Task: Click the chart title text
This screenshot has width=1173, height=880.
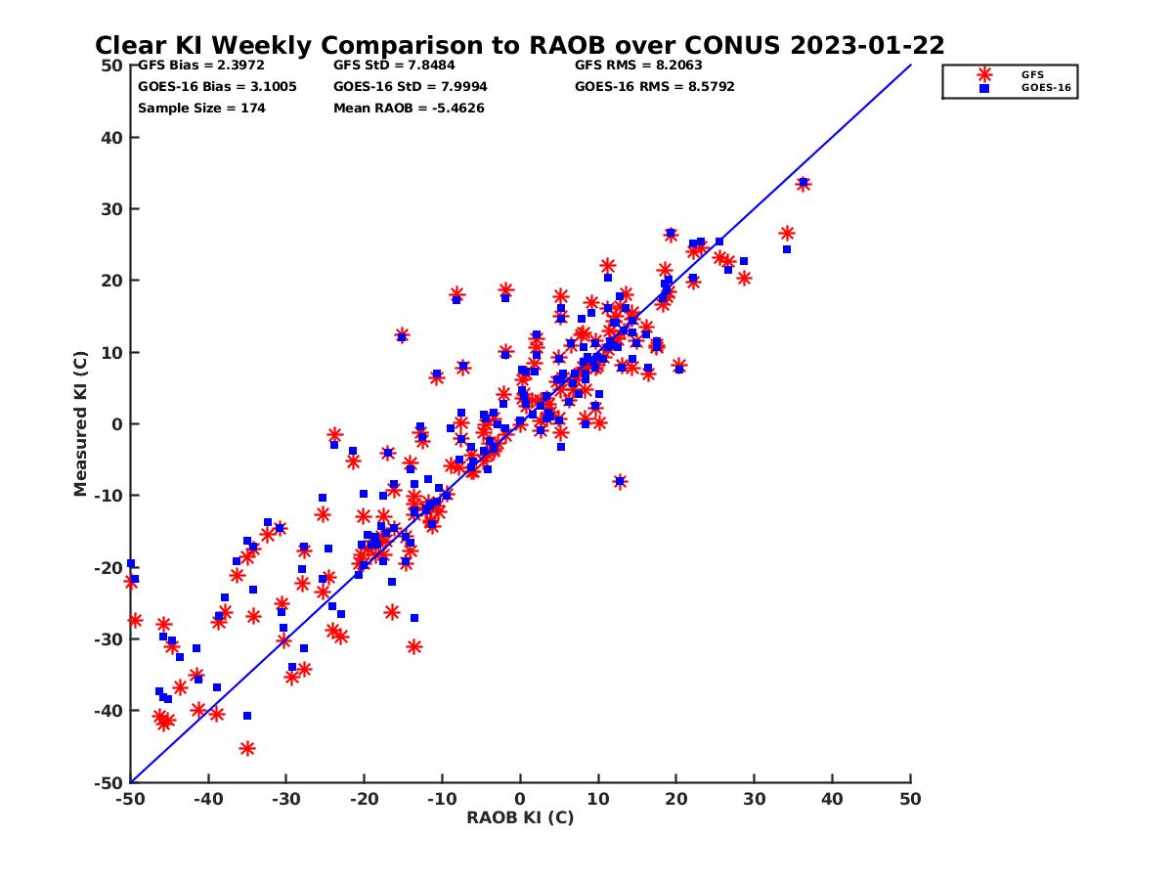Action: point(519,45)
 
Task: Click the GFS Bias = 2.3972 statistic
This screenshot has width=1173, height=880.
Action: point(201,66)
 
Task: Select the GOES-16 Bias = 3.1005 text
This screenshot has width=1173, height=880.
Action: point(217,87)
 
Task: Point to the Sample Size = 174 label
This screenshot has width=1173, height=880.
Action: point(201,109)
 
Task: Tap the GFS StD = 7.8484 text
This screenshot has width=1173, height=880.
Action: point(395,66)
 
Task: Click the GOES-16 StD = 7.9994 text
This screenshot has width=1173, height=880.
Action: point(411,87)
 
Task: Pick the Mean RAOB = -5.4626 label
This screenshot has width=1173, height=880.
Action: point(409,109)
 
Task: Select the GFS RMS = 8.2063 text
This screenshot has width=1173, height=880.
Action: point(638,66)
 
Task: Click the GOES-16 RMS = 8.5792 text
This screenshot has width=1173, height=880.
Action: point(654,87)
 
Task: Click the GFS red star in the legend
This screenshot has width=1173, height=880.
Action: point(983,74)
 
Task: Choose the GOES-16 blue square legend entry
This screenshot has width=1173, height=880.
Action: point(983,88)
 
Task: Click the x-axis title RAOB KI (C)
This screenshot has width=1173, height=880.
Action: point(520,817)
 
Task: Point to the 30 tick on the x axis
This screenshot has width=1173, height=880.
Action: point(754,799)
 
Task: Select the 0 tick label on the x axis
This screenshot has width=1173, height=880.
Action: point(520,799)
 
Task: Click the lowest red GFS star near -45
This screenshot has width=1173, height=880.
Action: point(247,749)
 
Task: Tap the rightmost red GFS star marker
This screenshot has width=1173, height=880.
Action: point(803,184)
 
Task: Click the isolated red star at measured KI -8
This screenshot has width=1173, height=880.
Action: point(619,481)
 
